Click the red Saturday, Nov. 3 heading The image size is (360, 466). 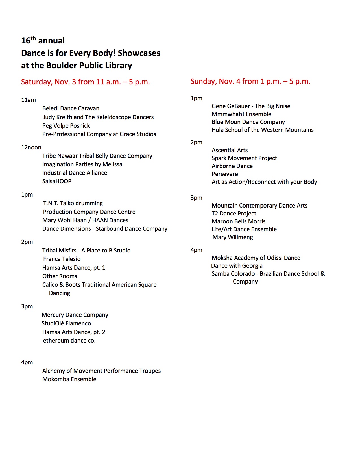(85, 82)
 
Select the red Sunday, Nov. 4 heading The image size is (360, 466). (250, 81)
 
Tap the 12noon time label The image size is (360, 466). (31, 147)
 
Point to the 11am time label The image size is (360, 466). (29, 100)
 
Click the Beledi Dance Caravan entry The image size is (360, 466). (71, 108)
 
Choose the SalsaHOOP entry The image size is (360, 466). (57, 181)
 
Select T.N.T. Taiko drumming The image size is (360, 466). (73, 203)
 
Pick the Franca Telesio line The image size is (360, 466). (62, 259)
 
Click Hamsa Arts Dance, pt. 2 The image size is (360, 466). (74, 332)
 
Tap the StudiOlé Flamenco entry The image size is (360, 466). (66, 323)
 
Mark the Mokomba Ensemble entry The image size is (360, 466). (69, 379)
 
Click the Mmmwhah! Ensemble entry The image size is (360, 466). (241, 114)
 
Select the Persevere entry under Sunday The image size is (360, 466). (225, 174)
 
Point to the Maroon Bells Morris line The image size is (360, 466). (239, 221)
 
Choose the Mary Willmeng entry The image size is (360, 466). (233, 237)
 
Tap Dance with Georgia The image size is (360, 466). (237, 266)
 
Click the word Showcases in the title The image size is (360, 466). (139, 53)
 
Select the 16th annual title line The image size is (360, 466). (43, 41)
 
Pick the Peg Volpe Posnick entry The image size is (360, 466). (66, 126)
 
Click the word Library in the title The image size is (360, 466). (119, 66)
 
